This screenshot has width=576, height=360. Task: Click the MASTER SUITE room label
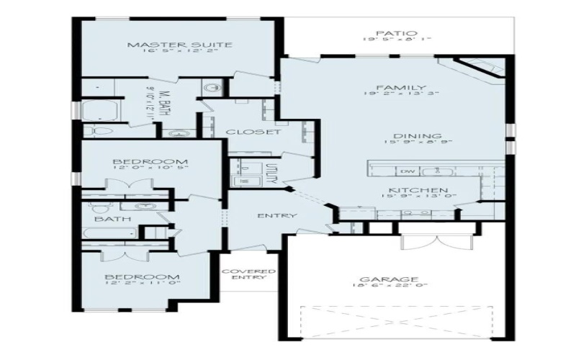tap(179, 45)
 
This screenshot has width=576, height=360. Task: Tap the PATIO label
tap(395, 33)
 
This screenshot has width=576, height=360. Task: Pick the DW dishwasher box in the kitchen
tap(407, 171)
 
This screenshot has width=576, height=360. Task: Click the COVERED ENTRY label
tap(248, 274)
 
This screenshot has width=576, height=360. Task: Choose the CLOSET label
tap(253, 132)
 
